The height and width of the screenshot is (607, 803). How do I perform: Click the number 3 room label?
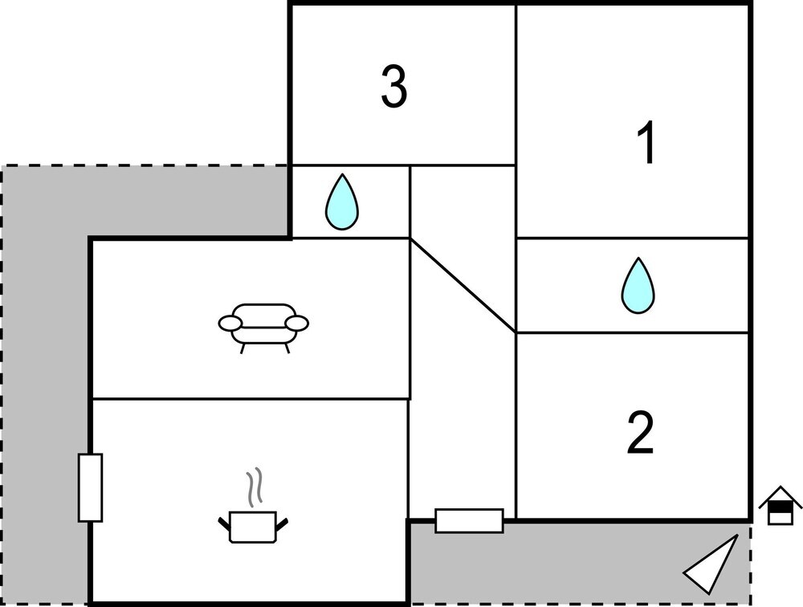click(393, 88)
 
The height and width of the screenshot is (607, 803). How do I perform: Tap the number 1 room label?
click(646, 144)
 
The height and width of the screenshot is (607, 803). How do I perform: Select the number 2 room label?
click(640, 433)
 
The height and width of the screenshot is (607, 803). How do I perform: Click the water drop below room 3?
click(342, 202)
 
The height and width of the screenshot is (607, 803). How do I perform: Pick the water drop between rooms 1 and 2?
click(638, 286)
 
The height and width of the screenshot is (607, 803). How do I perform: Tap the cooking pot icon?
click(253, 526)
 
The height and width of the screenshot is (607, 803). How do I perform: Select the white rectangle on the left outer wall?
click(91, 487)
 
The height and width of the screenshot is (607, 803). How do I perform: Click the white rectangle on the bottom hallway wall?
click(469, 520)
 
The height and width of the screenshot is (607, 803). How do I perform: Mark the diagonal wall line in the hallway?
click(463, 285)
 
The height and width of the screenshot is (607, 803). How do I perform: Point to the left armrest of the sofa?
click(230, 323)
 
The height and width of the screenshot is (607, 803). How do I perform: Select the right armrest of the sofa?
click(298, 323)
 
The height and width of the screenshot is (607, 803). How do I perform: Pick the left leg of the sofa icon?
click(243, 347)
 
